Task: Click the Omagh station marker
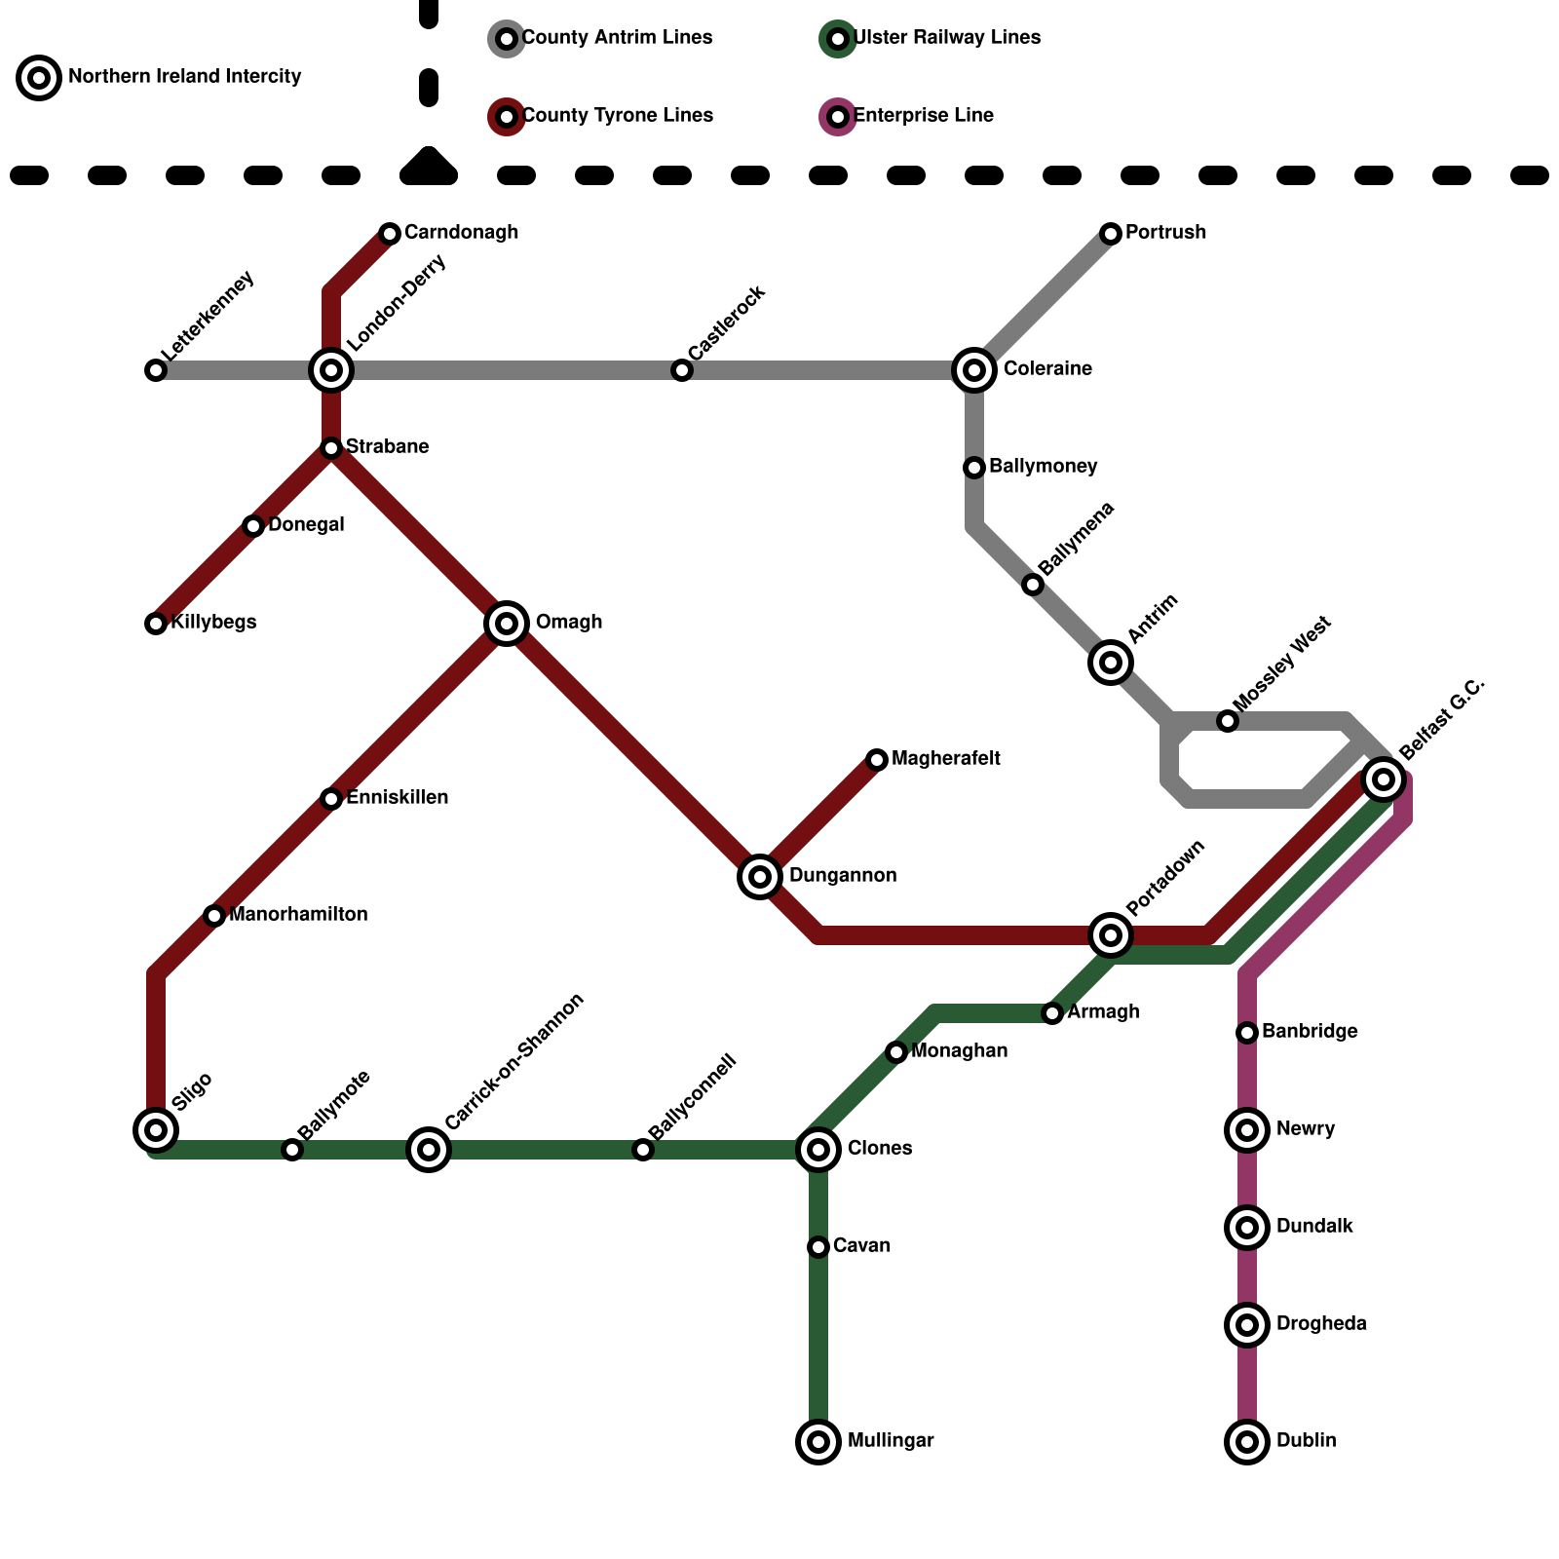507,623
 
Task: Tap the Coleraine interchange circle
974,369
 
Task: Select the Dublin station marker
1247,1441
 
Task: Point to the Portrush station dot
1111,233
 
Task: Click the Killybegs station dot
156,623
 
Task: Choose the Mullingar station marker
818,1441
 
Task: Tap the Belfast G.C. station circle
1384,779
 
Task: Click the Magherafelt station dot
877,759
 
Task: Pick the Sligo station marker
156,1129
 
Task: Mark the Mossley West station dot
1228,720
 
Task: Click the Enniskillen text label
398,798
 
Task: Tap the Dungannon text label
843,876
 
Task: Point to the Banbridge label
1310,1032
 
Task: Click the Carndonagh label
461,233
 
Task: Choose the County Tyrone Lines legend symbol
507,117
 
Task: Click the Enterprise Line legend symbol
838,117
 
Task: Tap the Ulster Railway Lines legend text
947,38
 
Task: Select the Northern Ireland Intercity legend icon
39,77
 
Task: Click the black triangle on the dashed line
429,167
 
